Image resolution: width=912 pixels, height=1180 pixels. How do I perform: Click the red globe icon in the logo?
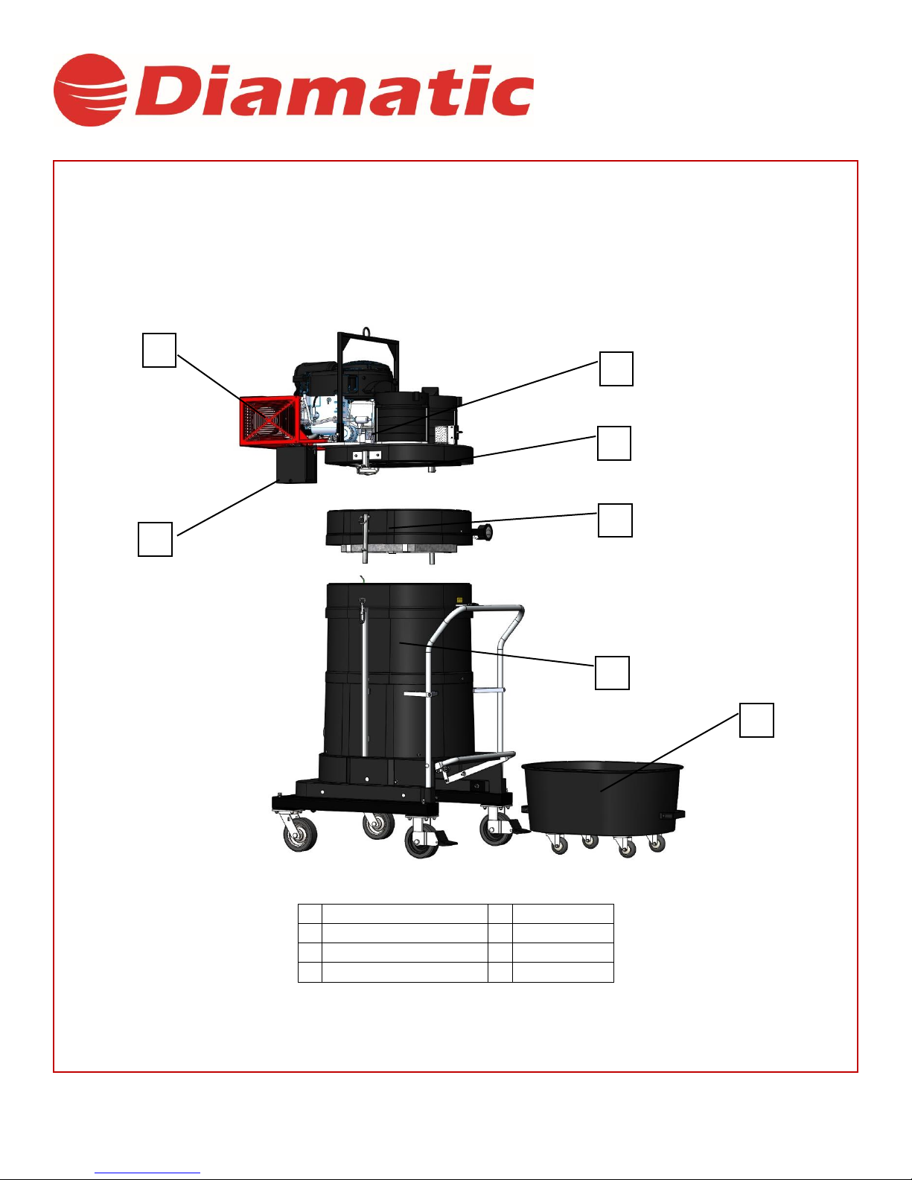point(90,90)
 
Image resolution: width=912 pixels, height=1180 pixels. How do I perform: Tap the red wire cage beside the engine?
point(270,421)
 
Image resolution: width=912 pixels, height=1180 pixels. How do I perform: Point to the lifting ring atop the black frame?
point(367,331)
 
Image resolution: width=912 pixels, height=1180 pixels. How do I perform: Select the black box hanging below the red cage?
point(296,465)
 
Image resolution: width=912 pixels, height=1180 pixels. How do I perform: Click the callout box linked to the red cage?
point(159,350)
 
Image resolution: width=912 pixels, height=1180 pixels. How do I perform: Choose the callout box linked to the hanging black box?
point(156,539)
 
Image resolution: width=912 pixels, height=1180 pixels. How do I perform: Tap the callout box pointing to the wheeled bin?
point(756,721)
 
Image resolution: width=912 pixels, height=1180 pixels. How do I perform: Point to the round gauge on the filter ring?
point(485,532)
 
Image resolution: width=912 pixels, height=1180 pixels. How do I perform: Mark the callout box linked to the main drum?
point(612,673)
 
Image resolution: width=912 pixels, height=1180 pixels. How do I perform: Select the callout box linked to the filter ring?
point(615,520)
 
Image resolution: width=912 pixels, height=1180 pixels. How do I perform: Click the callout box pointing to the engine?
point(616,369)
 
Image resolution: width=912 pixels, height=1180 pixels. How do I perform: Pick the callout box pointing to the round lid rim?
point(614,443)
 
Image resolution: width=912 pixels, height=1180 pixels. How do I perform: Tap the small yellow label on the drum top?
point(459,600)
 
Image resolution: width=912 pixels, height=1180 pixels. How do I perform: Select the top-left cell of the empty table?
point(310,914)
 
